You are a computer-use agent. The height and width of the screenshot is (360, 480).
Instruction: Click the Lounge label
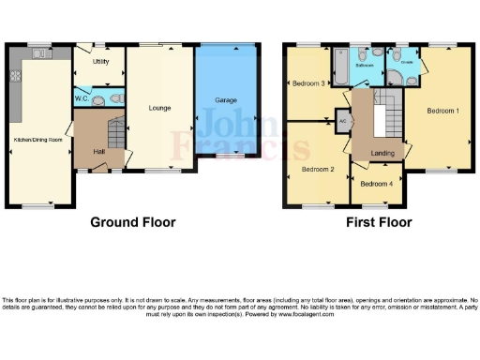click(x=158, y=109)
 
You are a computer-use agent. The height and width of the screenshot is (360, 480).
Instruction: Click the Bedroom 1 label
click(x=443, y=111)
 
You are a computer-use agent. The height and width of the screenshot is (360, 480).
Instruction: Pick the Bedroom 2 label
click(x=319, y=170)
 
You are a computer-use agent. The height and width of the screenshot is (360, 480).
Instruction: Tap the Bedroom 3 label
click(x=308, y=83)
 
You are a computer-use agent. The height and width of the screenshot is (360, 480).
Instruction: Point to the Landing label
click(x=382, y=153)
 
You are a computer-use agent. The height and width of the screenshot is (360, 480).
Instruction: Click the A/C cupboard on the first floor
click(x=343, y=120)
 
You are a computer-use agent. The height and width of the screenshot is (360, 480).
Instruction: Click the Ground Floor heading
click(x=132, y=223)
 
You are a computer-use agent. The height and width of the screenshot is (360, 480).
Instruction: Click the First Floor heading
click(x=376, y=223)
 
